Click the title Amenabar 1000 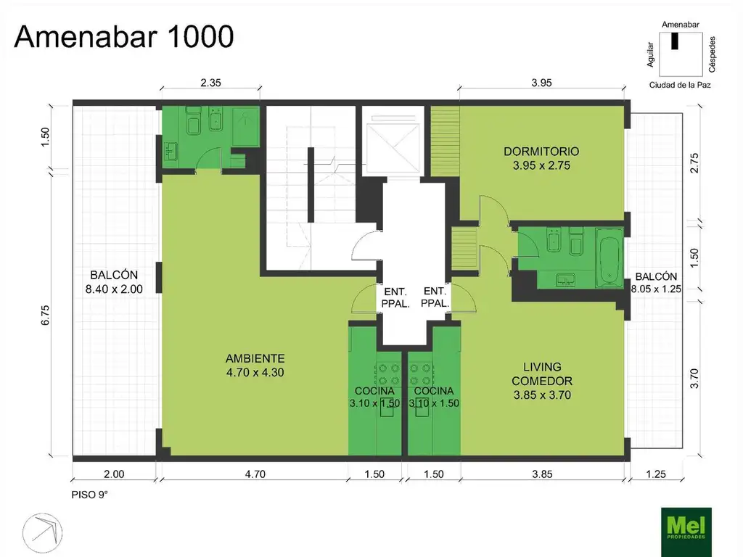(124, 36)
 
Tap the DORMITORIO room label (541, 152)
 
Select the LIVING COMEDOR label (542, 374)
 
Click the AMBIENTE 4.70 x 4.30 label (255, 366)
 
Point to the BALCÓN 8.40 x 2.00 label (114, 282)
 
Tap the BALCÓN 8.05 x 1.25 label (656, 282)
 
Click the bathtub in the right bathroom (609, 258)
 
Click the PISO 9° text (89, 495)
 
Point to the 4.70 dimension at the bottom (255, 474)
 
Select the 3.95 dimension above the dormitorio (541, 83)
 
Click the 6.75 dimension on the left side (45, 315)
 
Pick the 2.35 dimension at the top (210, 83)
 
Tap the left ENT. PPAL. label (395, 297)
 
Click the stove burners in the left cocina (387, 374)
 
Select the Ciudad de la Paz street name (680, 86)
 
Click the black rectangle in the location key (675, 41)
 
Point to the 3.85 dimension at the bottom (542, 474)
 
